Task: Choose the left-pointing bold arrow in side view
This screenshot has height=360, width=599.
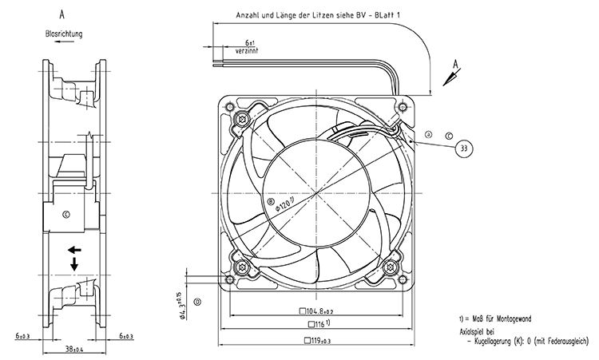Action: click(x=74, y=250)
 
